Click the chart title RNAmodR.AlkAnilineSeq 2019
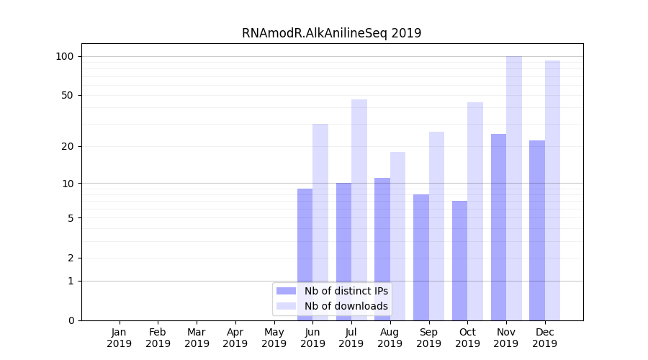(x=331, y=33)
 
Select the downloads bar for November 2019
(x=514, y=188)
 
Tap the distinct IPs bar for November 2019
(x=498, y=227)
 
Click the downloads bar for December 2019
(x=552, y=190)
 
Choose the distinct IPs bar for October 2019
(x=459, y=261)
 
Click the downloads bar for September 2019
(x=436, y=226)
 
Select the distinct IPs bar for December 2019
(x=537, y=230)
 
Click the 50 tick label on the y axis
(x=68, y=95)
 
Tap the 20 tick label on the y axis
(x=68, y=146)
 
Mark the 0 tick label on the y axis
(x=71, y=320)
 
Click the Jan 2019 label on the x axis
(x=120, y=338)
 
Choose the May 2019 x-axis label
(x=274, y=338)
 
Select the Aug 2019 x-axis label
(x=390, y=338)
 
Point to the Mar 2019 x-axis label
(x=197, y=338)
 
